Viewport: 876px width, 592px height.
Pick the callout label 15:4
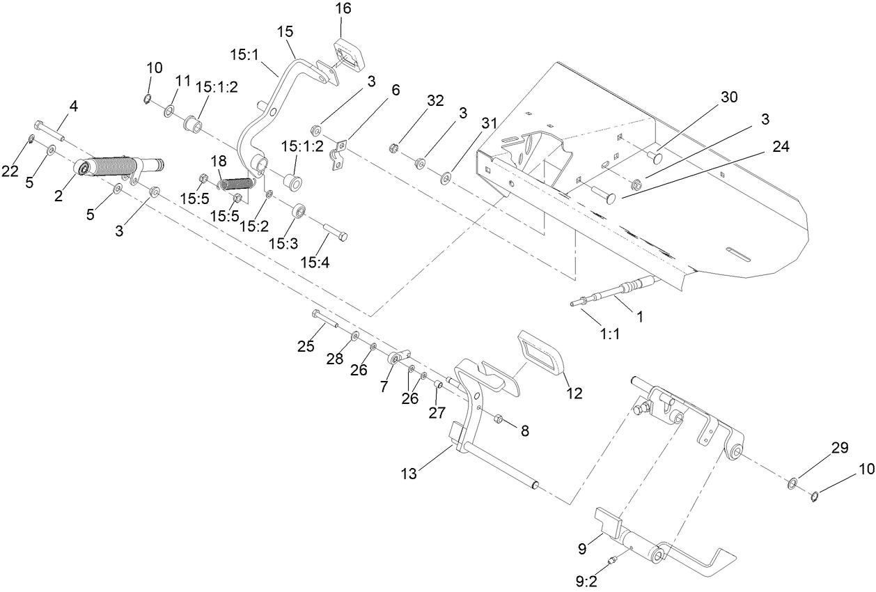click(315, 263)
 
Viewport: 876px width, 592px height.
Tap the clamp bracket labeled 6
click(339, 155)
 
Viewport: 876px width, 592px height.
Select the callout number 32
click(435, 100)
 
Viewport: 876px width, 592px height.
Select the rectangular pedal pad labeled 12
click(542, 354)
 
